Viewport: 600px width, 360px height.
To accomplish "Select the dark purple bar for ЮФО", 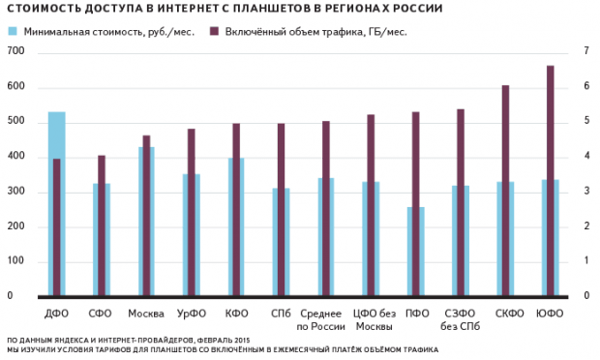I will click(551, 180).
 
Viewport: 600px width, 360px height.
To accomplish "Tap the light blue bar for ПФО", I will click(415, 251).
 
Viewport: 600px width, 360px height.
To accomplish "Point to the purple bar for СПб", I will click(281, 209).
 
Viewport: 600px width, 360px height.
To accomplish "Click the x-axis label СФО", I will click(101, 313).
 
